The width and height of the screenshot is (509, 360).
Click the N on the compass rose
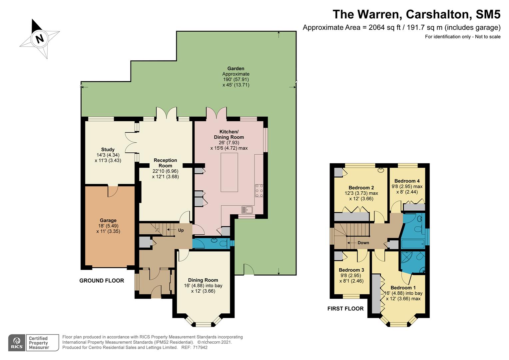tap(40, 38)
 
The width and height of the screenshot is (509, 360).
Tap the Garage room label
tap(108, 220)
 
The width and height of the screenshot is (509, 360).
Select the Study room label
tap(108, 149)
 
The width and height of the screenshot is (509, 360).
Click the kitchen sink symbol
tap(247, 210)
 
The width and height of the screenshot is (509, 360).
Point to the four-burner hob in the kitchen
tap(259, 191)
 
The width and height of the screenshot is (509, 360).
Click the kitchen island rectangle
tap(229, 172)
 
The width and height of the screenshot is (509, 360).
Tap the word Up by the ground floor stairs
tap(181, 230)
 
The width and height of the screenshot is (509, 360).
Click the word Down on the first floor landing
tap(363, 243)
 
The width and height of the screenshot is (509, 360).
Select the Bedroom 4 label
tap(407, 181)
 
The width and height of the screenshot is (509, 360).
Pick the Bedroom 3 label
tap(351, 270)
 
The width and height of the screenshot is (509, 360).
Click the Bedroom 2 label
tap(361, 188)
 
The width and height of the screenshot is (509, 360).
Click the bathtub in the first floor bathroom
tap(413, 244)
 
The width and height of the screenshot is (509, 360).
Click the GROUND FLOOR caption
tap(102, 281)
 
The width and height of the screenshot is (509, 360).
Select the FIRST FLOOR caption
tap(345, 309)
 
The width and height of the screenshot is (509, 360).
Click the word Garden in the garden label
tap(236, 68)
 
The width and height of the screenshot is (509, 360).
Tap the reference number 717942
tap(200, 347)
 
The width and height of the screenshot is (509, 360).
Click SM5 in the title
tap(488, 14)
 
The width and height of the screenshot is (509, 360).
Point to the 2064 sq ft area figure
tap(384, 28)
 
